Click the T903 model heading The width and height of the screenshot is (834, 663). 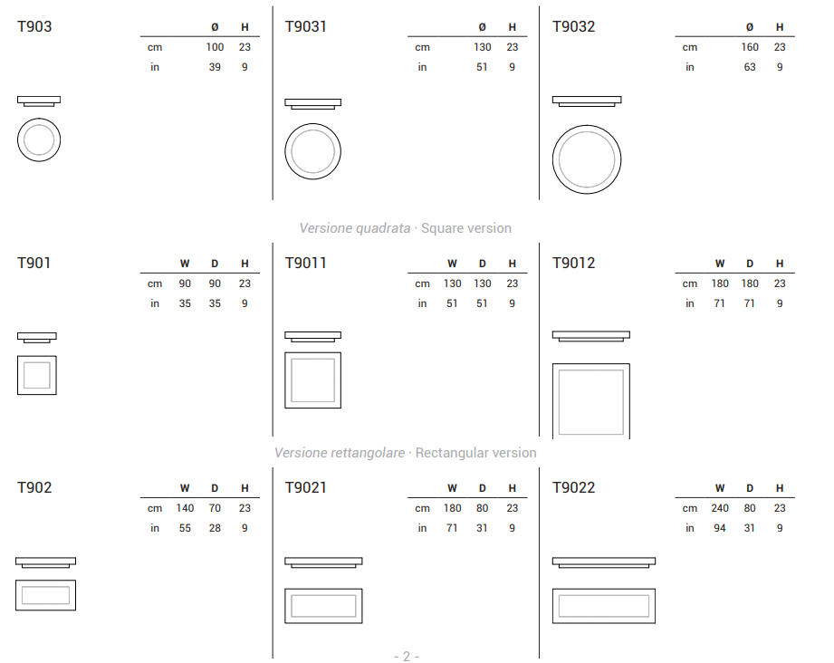click(34, 26)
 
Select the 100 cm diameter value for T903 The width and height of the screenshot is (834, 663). click(215, 47)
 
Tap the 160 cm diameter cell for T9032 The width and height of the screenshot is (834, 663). click(750, 47)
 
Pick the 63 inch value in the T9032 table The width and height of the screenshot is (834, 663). click(750, 67)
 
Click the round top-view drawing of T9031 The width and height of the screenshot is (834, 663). click(312, 124)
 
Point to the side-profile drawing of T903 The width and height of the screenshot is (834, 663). click(39, 101)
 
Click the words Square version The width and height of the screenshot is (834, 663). click(466, 228)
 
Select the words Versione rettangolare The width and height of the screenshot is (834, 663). click(340, 453)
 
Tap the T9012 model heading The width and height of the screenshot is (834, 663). click(573, 263)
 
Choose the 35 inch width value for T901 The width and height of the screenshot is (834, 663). click(185, 303)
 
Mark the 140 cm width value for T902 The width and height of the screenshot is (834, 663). click(185, 508)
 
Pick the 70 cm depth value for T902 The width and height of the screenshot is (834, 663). click(215, 508)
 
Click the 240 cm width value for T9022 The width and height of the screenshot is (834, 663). click(720, 508)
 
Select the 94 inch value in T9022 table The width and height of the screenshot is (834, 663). click(720, 528)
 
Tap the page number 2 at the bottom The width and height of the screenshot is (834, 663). click(407, 657)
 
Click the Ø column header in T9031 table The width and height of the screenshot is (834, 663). click(483, 27)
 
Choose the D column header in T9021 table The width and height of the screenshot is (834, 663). click(483, 488)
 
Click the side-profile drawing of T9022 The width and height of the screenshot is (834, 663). click(604, 562)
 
